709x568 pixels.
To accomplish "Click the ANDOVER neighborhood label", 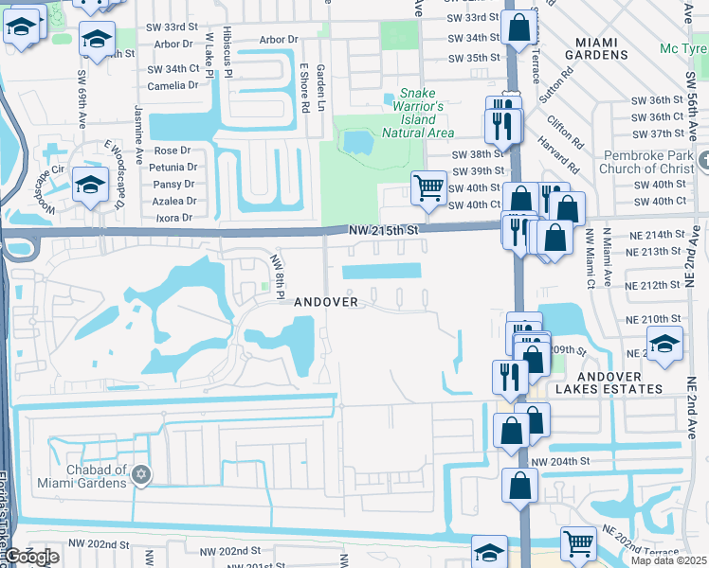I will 325,302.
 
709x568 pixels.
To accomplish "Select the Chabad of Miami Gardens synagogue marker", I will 141,473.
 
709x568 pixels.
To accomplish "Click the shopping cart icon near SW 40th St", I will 428,188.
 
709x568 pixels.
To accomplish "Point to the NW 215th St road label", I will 383,230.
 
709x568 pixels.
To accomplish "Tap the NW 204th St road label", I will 560,461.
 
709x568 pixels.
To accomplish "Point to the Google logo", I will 32,557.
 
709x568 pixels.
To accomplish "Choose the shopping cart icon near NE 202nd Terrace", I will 578,543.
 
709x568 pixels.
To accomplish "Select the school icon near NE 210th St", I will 664,345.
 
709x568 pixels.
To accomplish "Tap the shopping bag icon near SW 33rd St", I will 518,27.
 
